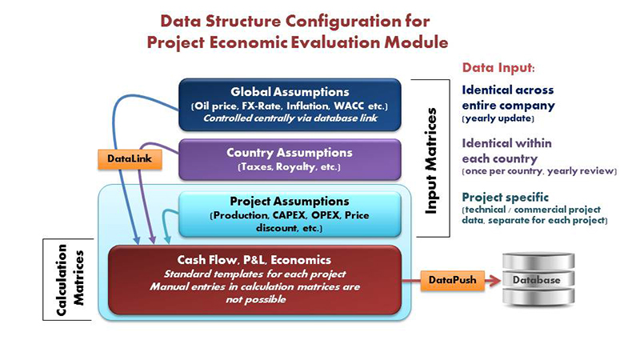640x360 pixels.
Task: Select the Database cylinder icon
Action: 538,280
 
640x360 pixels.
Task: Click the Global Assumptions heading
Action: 290,92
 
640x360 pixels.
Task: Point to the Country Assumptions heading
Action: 290,152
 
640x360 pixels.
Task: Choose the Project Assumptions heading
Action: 290,201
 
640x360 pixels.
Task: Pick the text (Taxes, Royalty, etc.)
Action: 290,168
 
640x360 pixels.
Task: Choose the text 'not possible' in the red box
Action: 254,300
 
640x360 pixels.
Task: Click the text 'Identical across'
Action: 508,90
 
